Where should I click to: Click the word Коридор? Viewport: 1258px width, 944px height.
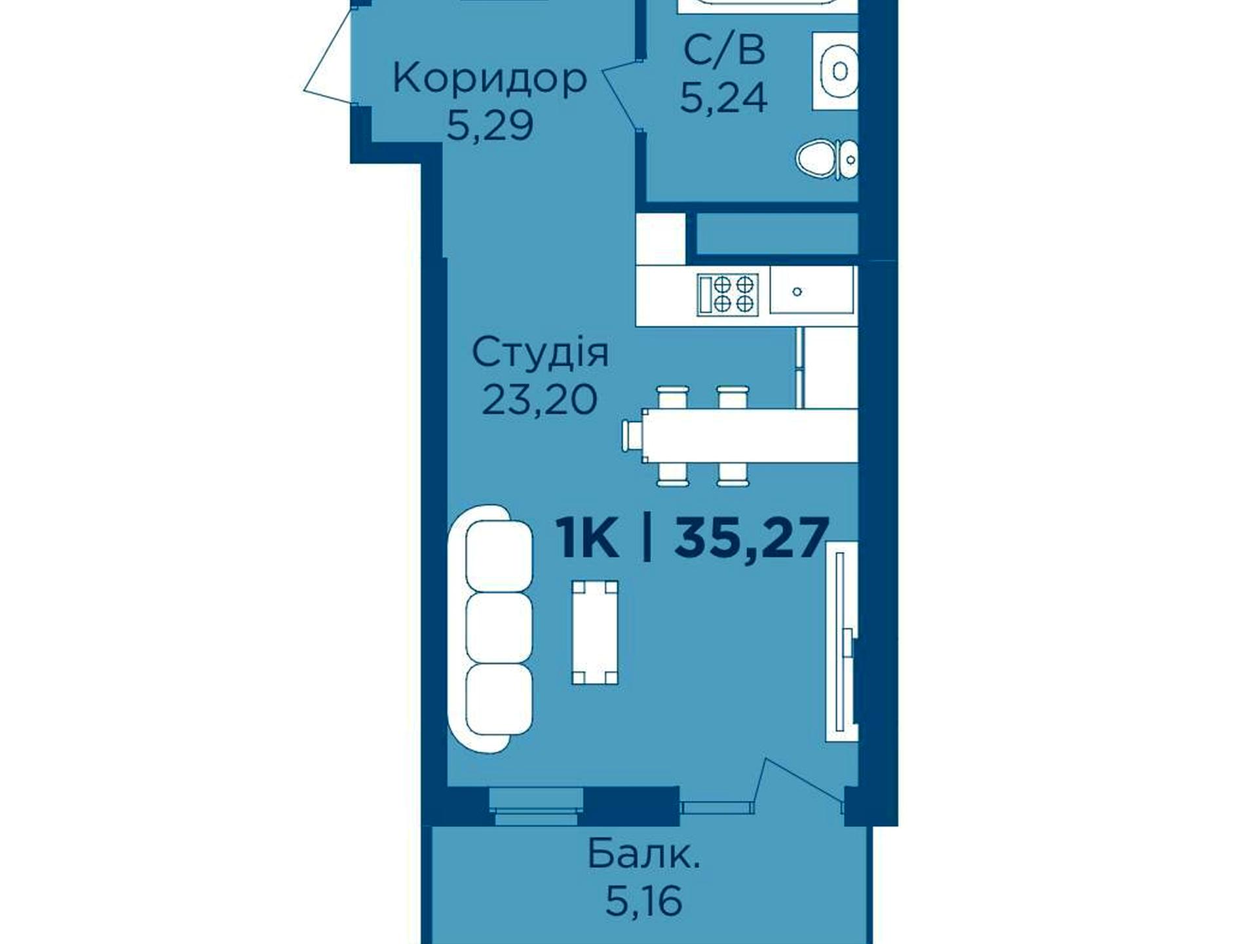[x=489, y=79]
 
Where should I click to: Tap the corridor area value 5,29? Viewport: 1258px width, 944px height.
[x=489, y=125]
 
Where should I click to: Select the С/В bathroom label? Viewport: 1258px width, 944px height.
[x=723, y=50]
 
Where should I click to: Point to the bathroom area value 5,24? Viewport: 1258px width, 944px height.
[x=723, y=98]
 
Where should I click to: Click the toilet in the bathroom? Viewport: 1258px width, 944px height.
[x=827, y=159]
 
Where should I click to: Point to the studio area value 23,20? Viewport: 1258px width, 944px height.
[x=540, y=399]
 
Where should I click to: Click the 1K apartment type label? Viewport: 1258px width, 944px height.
[x=588, y=538]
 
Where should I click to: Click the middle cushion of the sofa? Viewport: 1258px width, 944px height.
[x=499, y=627]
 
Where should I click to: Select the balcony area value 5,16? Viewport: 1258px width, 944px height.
[x=643, y=902]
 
